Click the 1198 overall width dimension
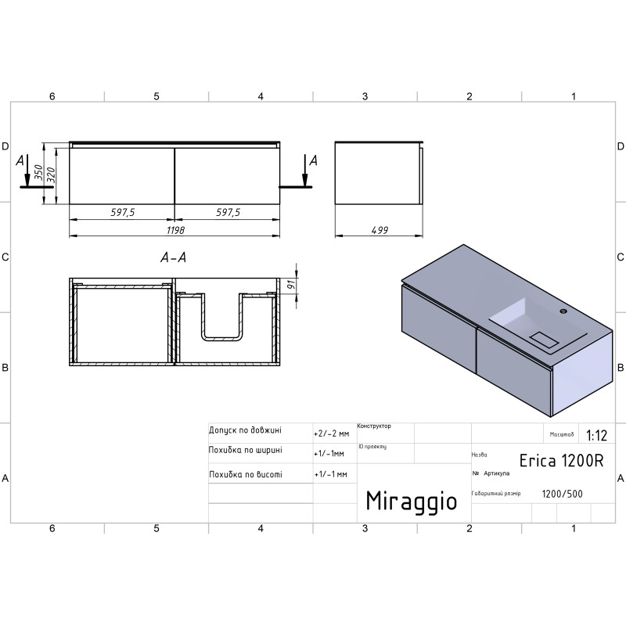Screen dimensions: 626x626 [x=175, y=230]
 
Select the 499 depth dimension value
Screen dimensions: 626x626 [x=380, y=230]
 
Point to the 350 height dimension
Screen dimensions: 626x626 [x=38, y=172]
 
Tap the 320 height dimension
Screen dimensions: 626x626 [x=51, y=174]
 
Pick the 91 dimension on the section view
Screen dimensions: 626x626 [x=291, y=285]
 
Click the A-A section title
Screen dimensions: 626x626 [x=173, y=257]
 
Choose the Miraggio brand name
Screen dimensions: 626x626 [x=412, y=502]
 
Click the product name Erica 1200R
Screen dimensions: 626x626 [x=561, y=461]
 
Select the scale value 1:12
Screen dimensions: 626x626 [x=596, y=435]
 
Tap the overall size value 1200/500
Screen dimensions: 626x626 [x=562, y=494]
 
